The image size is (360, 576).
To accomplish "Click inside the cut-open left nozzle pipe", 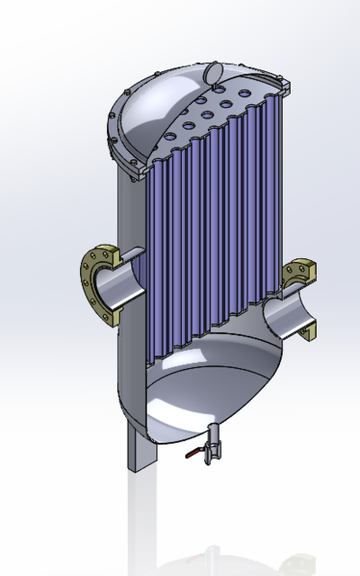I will tap(122, 289).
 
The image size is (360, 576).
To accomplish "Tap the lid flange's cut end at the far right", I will tap(287, 86).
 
